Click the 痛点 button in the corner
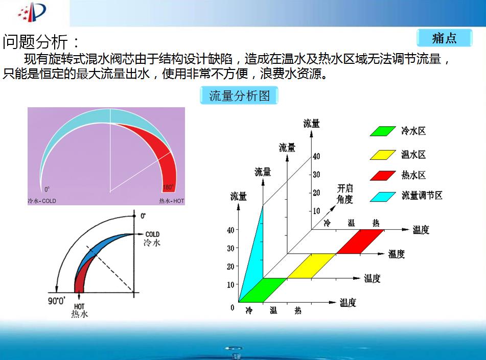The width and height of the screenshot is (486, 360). click(x=444, y=38)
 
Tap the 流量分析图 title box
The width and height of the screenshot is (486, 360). click(x=239, y=95)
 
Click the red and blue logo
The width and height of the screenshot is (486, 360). click(x=32, y=12)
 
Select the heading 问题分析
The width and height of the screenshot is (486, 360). click(x=35, y=41)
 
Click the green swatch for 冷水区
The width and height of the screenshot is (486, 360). click(x=382, y=131)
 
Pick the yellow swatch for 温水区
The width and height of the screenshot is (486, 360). click(x=382, y=155)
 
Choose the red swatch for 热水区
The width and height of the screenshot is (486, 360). click(x=382, y=175)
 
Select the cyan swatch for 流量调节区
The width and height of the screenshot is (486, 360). click(x=382, y=197)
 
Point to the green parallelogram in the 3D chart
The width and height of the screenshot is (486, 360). click(x=263, y=290)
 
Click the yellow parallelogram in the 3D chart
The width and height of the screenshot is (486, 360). click(x=312, y=266)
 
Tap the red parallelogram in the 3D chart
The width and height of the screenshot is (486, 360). click(x=360, y=242)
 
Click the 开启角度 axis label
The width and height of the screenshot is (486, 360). click(x=345, y=194)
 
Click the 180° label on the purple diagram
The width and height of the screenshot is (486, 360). click(x=168, y=187)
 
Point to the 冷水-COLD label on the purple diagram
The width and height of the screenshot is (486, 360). click(x=42, y=201)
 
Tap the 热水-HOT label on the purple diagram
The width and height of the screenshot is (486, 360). click(x=172, y=201)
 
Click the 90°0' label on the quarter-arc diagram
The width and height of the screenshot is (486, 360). click(x=57, y=301)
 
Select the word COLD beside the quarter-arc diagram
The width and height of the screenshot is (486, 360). click(x=152, y=234)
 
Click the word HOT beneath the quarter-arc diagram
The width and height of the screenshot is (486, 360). click(x=79, y=306)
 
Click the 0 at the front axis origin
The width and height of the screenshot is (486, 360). click(x=232, y=307)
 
